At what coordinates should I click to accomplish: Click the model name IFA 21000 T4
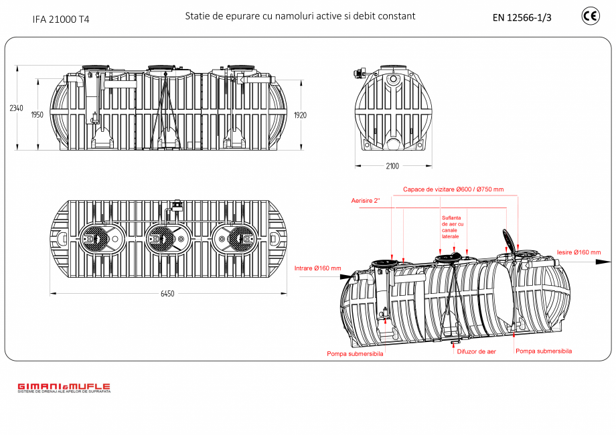click(61, 19)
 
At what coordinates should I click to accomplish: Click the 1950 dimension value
click(37, 115)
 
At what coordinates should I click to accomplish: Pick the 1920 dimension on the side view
click(300, 115)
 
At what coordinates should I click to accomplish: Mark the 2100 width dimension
click(392, 166)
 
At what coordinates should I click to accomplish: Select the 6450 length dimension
click(167, 294)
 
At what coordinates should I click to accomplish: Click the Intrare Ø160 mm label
click(317, 268)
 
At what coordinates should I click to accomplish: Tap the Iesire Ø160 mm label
click(579, 252)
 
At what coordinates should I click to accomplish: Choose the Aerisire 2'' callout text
click(366, 201)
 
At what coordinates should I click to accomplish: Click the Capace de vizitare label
click(453, 189)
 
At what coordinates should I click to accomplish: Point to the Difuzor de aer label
click(476, 351)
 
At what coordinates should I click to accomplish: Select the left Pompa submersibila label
click(355, 354)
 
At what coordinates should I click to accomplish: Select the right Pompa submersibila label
click(544, 351)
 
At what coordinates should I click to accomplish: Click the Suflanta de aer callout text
click(452, 226)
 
